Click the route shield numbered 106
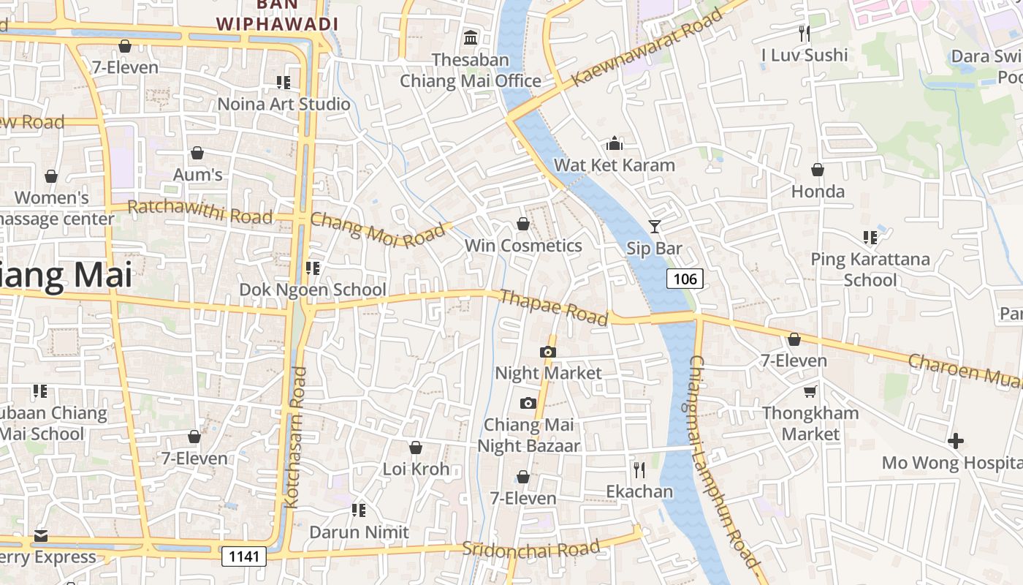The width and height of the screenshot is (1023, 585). [x=685, y=278]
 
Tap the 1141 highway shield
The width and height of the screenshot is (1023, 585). [x=244, y=556]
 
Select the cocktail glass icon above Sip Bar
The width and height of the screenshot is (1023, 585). [x=654, y=227]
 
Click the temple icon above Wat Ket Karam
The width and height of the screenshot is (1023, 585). [x=615, y=143]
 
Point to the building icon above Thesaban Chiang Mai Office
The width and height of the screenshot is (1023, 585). [x=471, y=37]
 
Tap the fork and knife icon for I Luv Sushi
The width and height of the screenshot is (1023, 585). [x=805, y=33]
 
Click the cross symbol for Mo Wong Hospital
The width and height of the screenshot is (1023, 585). [x=955, y=441]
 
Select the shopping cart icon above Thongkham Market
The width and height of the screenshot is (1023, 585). [x=810, y=392]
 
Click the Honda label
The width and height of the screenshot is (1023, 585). [x=818, y=192]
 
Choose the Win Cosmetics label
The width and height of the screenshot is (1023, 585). [x=523, y=246]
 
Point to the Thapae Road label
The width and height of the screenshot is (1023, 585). [x=554, y=307]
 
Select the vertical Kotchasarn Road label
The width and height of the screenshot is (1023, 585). [x=294, y=437]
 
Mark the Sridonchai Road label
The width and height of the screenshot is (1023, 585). [x=531, y=548]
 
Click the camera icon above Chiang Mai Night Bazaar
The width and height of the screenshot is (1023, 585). [x=528, y=404]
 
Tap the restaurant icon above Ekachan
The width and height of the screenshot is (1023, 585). [x=639, y=469]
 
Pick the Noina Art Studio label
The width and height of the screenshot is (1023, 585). [x=284, y=104]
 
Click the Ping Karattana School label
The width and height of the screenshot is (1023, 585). [x=870, y=269]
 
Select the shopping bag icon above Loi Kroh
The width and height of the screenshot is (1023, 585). [x=416, y=448]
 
